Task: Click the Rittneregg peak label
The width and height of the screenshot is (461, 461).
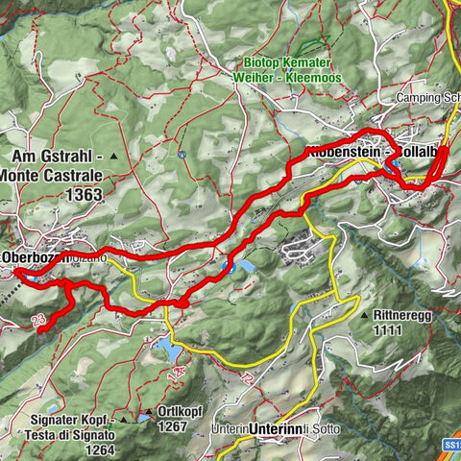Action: pyautogui.click(x=404, y=314)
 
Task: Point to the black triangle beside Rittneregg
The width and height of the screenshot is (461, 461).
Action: pyautogui.click(x=365, y=315)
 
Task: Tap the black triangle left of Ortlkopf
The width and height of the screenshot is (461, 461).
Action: pyautogui.click(x=148, y=415)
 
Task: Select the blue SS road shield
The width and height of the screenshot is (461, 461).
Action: pyautogui.click(x=451, y=447)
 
